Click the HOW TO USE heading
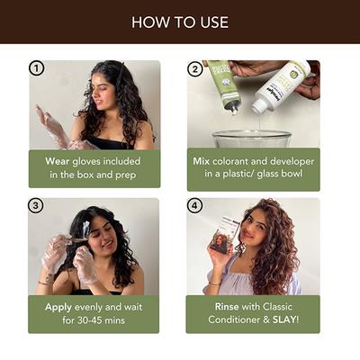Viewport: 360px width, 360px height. pos(180,22)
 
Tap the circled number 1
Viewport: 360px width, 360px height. pos(37,68)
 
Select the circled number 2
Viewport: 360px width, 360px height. pos(195,68)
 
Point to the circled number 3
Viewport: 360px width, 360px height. pos(37,205)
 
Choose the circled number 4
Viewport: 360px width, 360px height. pos(195,205)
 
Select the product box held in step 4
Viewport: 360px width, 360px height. pos(225,239)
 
